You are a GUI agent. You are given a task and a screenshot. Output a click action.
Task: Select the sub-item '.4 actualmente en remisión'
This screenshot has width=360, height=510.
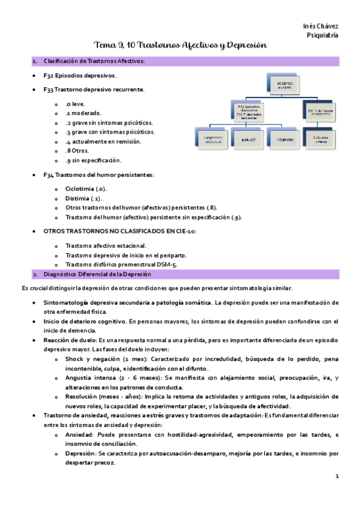103,141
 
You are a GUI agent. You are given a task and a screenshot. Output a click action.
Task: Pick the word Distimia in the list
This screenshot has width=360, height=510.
77,198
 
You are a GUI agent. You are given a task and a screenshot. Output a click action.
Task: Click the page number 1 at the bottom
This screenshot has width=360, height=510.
337,476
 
